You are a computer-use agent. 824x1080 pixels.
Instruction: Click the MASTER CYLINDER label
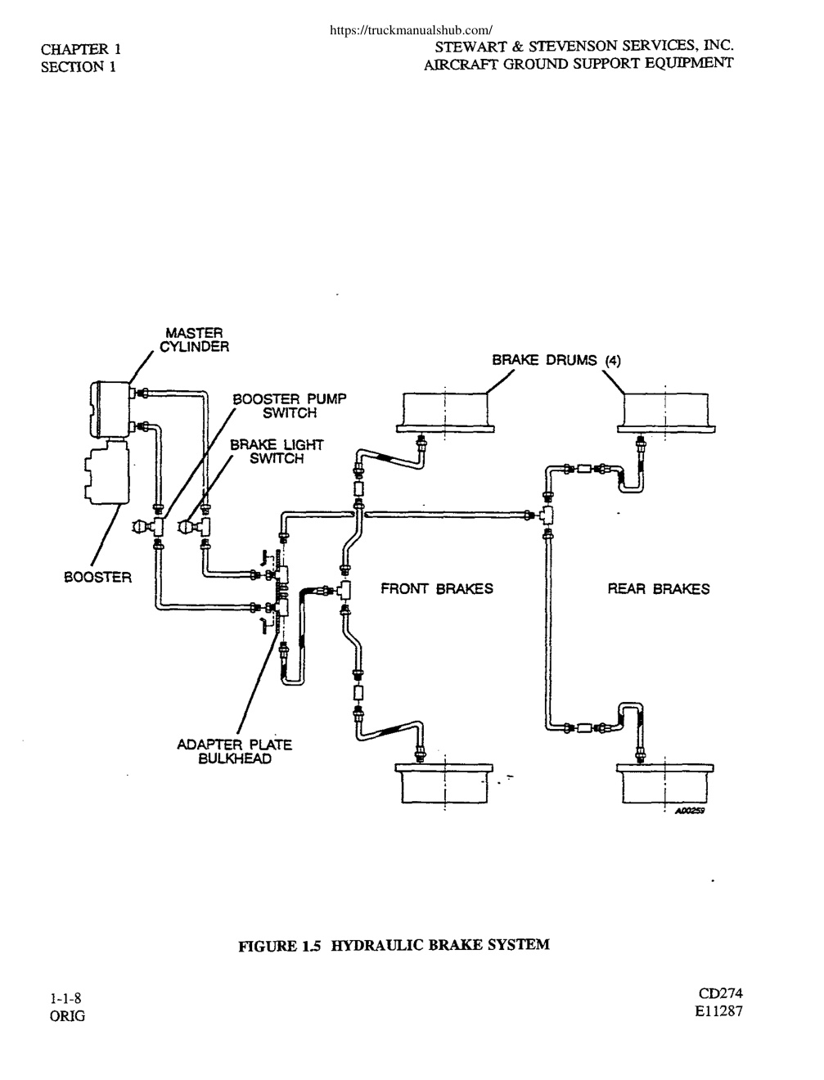[x=194, y=340]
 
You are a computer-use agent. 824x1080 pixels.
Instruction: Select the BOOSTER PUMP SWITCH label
[x=290, y=406]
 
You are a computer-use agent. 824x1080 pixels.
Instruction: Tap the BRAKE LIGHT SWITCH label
[x=277, y=452]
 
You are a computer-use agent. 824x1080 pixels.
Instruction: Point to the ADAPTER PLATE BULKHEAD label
[x=235, y=751]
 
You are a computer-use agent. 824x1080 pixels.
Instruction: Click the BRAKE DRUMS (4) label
[x=556, y=360]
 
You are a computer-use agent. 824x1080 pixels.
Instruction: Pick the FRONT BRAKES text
[x=437, y=588]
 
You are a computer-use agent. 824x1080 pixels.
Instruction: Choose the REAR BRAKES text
[x=659, y=589]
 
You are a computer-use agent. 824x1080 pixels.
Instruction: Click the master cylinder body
[x=111, y=409]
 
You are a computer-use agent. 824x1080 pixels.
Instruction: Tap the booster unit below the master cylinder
[x=106, y=471]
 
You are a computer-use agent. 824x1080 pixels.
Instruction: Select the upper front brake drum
[x=445, y=412]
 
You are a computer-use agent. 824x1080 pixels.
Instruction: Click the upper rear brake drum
[x=666, y=412]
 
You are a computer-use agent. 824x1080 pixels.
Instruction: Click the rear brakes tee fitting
[x=546, y=515]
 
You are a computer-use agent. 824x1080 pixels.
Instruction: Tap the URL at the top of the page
[x=411, y=30]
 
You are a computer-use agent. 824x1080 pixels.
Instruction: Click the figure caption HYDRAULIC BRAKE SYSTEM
[x=439, y=945]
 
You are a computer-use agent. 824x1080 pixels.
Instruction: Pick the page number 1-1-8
[x=65, y=998]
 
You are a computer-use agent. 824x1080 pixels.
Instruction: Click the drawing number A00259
[x=690, y=811]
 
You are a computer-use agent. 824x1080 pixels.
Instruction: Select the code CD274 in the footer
[x=720, y=993]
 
